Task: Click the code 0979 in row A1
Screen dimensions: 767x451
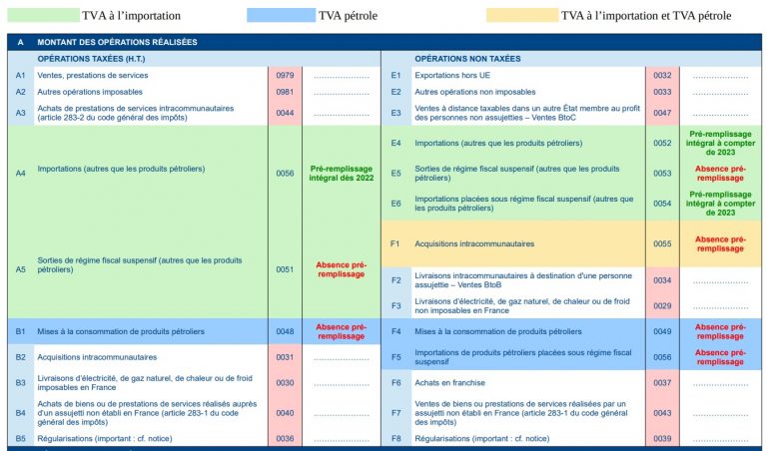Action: coord(285,76)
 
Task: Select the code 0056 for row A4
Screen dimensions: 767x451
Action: coord(285,173)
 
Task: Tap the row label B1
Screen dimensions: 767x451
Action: coord(20,331)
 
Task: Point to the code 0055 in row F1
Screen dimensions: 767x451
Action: coord(662,243)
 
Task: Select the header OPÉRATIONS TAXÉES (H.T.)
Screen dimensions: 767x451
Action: coord(91,59)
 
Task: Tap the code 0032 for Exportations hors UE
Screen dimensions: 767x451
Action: coord(662,76)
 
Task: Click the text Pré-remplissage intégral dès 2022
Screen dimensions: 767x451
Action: coord(341,173)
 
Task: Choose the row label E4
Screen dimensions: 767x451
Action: coord(395,143)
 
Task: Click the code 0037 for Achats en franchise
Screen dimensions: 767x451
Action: coord(662,382)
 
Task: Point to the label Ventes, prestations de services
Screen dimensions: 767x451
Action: coord(93,76)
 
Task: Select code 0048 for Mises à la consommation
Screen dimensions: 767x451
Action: coord(285,331)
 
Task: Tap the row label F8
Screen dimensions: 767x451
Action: coord(395,438)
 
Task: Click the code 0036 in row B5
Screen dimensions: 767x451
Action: coord(285,438)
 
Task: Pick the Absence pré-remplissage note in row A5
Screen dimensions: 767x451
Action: coord(341,269)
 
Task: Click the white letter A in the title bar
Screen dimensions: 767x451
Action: coord(20,43)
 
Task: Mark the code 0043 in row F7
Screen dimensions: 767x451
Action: coord(662,413)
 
